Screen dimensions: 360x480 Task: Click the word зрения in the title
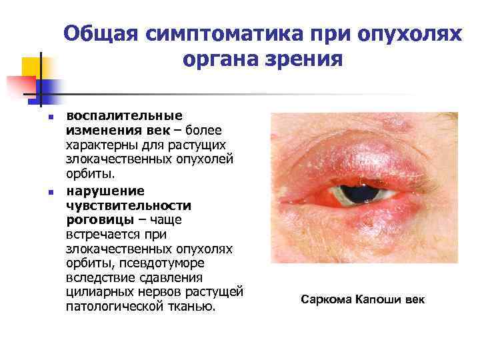[x=306, y=60]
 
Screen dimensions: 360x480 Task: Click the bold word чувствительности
[x=129, y=205]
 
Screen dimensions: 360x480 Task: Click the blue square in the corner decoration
[x=50, y=89]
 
